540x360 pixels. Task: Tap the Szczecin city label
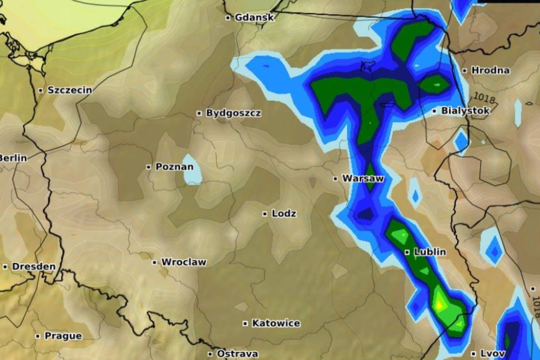click(x=70, y=90)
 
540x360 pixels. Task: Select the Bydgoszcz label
click(x=233, y=113)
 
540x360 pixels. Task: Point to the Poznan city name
click(x=174, y=167)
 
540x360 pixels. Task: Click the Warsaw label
click(x=363, y=179)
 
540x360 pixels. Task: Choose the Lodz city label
click(x=284, y=214)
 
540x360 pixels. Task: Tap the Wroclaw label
click(x=184, y=262)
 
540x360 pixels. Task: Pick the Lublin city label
click(x=430, y=252)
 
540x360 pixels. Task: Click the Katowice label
click(x=276, y=323)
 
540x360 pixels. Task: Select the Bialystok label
click(x=465, y=111)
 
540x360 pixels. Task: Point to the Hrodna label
click(x=490, y=71)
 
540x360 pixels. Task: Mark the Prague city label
click(x=63, y=336)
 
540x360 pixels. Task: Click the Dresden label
click(x=34, y=267)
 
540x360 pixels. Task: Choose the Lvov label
click(x=493, y=354)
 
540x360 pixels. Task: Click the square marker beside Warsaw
click(x=335, y=179)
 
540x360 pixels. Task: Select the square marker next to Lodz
click(x=265, y=214)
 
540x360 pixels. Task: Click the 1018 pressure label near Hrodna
click(x=484, y=98)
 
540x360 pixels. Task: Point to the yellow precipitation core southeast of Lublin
click(x=440, y=305)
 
